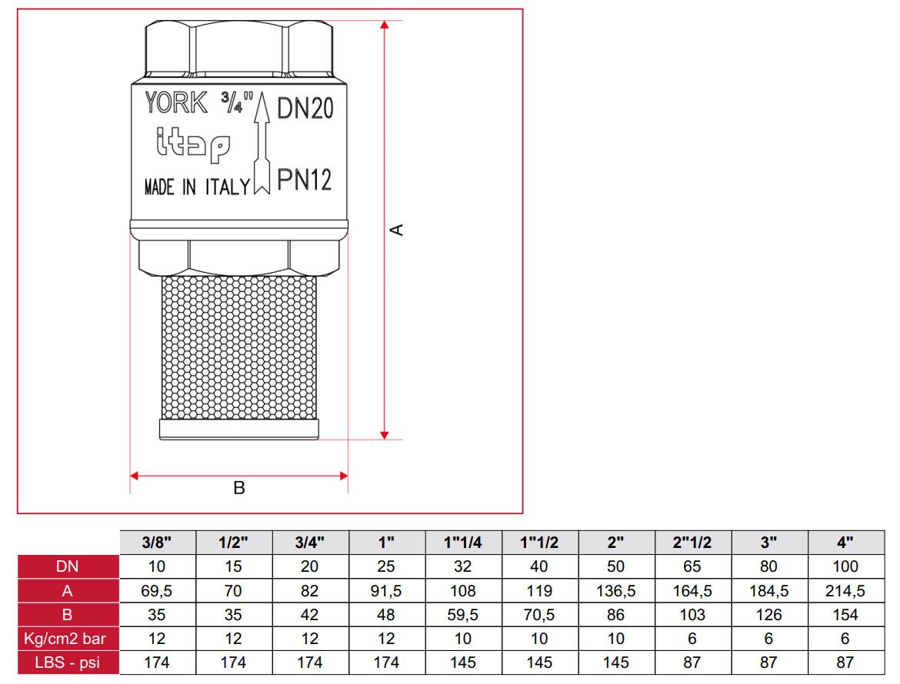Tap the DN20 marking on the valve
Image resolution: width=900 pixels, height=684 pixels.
click(305, 109)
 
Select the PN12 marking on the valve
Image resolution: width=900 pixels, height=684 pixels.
click(305, 181)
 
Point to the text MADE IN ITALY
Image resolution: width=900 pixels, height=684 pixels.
click(197, 188)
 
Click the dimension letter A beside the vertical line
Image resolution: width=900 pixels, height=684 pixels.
click(397, 229)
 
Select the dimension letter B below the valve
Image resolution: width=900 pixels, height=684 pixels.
click(239, 488)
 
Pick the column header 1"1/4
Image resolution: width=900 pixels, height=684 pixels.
click(463, 543)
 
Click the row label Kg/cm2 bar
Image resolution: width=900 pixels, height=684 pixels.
click(68, 638)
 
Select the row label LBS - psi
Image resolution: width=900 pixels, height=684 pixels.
click(68, 662)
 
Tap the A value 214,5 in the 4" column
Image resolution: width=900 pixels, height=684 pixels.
click(845, 590)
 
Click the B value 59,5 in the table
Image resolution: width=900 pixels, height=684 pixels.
click(463, 614)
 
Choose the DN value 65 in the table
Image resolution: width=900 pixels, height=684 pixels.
click(692, 566)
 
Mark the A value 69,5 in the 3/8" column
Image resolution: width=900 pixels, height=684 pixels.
click(158, 590)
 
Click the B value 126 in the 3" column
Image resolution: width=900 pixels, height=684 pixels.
click(768, 614)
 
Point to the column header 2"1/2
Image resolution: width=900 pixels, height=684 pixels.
click(692, 543)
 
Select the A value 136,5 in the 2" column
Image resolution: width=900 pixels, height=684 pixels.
click(615, 590)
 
